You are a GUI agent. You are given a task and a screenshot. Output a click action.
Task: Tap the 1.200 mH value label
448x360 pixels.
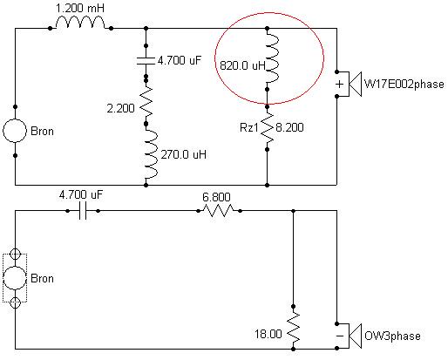pos(79,8)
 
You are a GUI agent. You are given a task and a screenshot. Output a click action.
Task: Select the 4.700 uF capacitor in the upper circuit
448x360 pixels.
pos(146,61)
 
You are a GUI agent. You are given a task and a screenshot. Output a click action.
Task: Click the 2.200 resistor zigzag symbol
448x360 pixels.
pos(146,101)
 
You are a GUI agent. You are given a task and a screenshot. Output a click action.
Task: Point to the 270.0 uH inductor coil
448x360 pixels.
pos(152,154)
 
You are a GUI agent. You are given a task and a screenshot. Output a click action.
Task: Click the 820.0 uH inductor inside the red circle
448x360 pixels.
pos(273,58)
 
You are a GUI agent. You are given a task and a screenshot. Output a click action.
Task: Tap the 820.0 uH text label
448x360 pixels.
pos(242,65)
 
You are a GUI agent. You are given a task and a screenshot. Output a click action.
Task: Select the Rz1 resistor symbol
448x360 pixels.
pos(268,128)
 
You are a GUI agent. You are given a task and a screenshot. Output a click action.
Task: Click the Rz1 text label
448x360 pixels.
pos(248,127)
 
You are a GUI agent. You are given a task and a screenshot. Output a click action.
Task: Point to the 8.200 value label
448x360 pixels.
pos(289,127)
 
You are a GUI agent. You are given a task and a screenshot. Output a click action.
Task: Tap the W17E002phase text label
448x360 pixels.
pos(404,85)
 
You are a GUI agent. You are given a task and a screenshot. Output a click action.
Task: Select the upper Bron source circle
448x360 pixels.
pos(15,131)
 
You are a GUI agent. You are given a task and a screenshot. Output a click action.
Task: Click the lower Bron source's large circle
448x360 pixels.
pos(15,278)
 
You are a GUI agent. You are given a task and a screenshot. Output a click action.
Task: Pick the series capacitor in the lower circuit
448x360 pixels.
pos(83,211)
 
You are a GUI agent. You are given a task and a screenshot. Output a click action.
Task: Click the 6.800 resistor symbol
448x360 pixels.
pos(219,210)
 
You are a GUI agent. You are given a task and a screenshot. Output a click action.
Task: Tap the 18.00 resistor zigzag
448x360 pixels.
pos(294,327)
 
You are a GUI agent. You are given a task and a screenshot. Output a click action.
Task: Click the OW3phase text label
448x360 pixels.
pos(392,336)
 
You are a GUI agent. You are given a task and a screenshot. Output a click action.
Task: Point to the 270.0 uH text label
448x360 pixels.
pos(184,154)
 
